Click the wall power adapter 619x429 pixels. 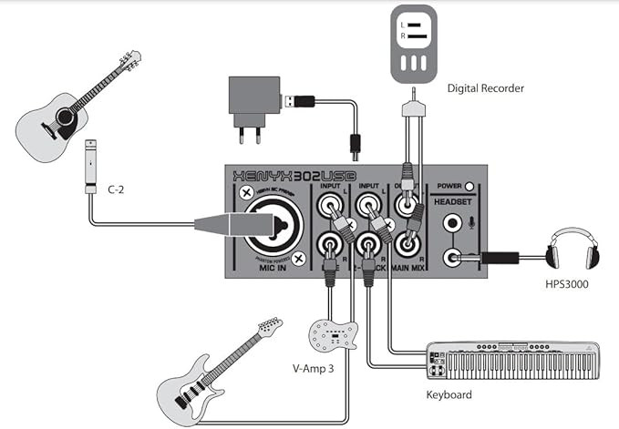click(252, 98)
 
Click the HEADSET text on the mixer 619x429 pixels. click(457, 200)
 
